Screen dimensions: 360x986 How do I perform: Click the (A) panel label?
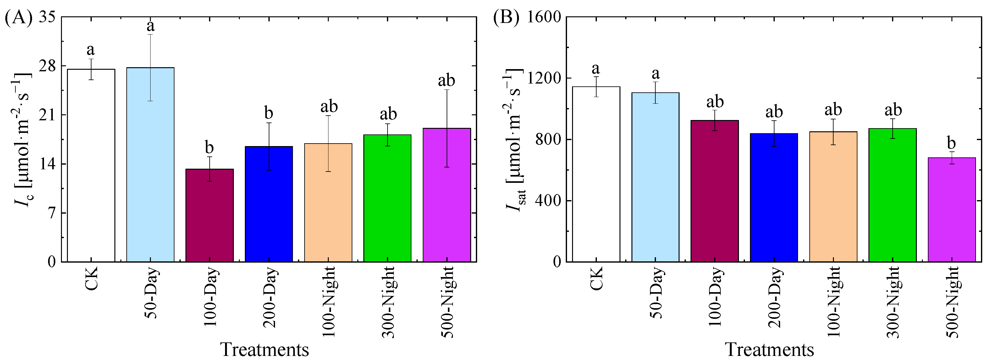18,18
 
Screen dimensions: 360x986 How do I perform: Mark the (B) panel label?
506,18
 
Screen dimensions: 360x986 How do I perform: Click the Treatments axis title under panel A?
264,349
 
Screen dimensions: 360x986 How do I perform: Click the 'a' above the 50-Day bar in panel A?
151,26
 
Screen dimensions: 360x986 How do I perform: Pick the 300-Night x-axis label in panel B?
892,302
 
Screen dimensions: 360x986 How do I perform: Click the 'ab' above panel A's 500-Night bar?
446,80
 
